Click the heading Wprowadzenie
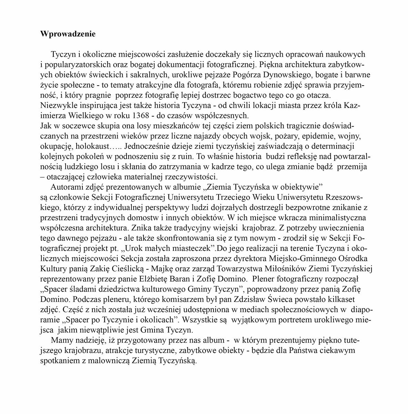click(x=68, y=34)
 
